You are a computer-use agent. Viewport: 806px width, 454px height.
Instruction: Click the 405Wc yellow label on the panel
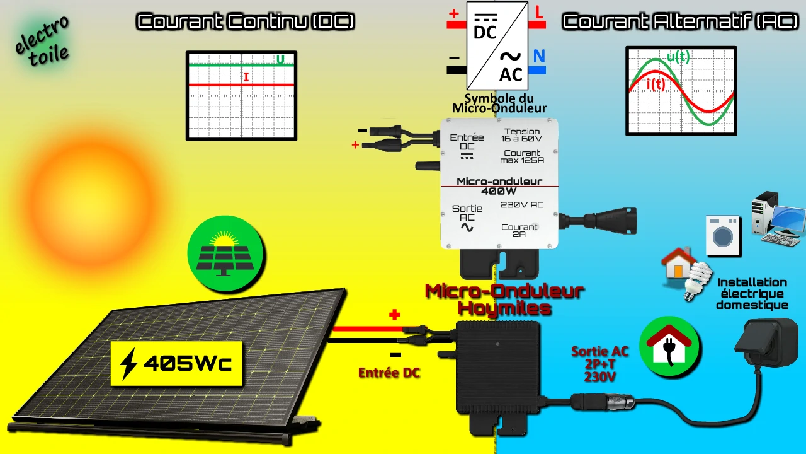176,364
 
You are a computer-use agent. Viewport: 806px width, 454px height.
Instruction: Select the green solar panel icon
225,254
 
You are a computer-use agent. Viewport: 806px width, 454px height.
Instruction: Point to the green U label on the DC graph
280,59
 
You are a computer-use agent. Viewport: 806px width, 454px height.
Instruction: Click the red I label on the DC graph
246,78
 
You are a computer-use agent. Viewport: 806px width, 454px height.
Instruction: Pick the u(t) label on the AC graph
678,57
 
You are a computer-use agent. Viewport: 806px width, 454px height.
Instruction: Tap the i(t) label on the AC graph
656,84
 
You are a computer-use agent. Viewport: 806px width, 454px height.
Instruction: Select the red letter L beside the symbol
538,13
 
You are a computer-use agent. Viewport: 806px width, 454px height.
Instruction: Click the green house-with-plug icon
669,346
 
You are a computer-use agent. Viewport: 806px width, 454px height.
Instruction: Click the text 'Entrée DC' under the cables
389,373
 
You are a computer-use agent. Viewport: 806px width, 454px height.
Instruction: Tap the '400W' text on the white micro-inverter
499,191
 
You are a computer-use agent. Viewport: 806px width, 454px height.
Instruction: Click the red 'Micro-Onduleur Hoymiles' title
504,300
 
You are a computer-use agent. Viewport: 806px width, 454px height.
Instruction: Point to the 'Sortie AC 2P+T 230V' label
599,364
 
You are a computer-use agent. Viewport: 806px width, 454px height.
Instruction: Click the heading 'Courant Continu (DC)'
246,22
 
